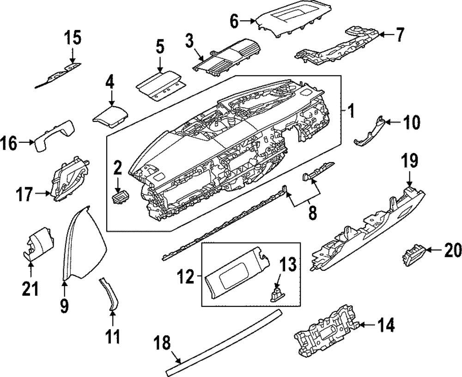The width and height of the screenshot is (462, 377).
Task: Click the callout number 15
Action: click(x=73, y=39)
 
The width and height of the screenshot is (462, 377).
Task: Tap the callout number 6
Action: click(x=234, y=21)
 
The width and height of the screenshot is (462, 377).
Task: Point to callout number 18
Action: click(x=162, y=343)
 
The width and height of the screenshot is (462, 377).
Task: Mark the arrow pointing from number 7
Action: click(x=386, y=35)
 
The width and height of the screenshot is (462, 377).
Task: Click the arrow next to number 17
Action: click(x=43, y=194)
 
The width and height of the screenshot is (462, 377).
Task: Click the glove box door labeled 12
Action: click(x=236, y=273)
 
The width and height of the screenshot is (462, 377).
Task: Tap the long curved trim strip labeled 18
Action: click(x=224, y=342)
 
